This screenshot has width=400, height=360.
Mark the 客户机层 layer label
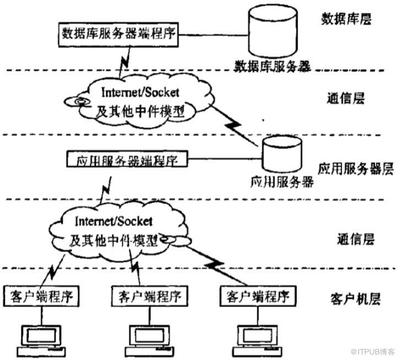coord(351,299)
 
